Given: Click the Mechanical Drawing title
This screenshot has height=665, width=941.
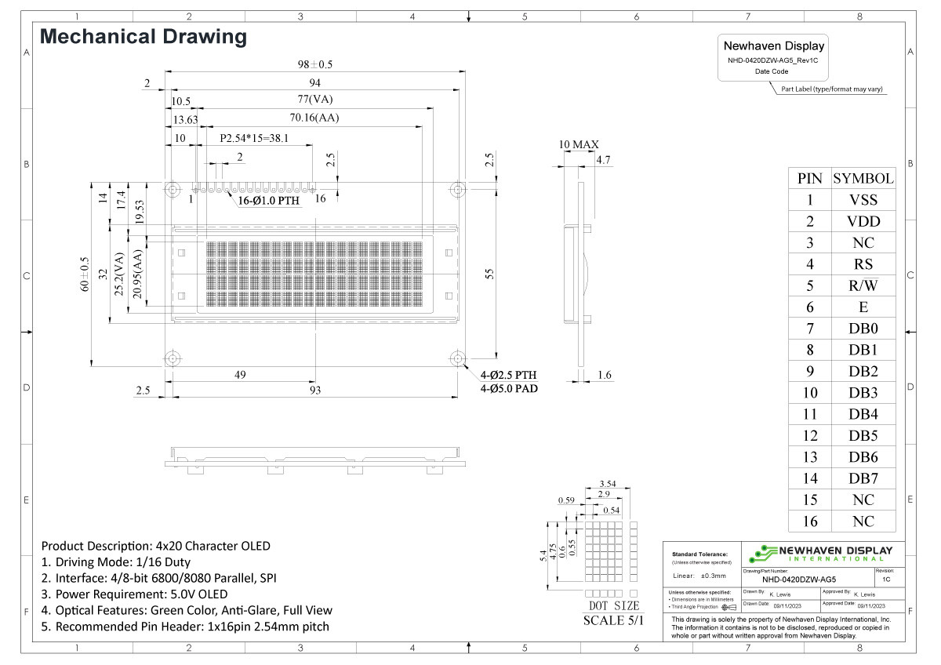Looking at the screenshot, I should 144,36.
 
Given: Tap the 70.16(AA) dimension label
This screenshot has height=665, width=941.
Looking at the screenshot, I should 314,118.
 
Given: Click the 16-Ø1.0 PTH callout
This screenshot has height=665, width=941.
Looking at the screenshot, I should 269,200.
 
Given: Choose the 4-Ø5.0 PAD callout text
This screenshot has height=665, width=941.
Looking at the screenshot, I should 508,388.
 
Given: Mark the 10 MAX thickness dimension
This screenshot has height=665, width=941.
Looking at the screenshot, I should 579,144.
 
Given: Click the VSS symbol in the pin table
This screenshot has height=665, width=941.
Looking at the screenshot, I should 863,200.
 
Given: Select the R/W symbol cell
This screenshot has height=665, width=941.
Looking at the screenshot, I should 863,285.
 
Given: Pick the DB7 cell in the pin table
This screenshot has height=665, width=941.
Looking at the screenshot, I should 863,478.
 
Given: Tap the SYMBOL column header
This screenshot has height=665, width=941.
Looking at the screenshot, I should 863,178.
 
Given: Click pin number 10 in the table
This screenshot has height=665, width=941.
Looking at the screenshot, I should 809,393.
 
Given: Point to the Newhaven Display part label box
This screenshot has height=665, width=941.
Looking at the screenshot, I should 773,57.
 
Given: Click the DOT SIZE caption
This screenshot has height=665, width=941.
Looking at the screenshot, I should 613,605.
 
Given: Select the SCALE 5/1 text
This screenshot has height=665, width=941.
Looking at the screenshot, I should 613,620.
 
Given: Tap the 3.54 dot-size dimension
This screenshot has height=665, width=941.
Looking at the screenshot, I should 607,484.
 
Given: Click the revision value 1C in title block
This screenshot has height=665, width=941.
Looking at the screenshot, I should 885,580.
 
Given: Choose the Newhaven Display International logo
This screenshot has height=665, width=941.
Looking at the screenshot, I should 819,554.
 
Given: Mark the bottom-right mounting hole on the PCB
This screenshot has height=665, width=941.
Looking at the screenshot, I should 457,358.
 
